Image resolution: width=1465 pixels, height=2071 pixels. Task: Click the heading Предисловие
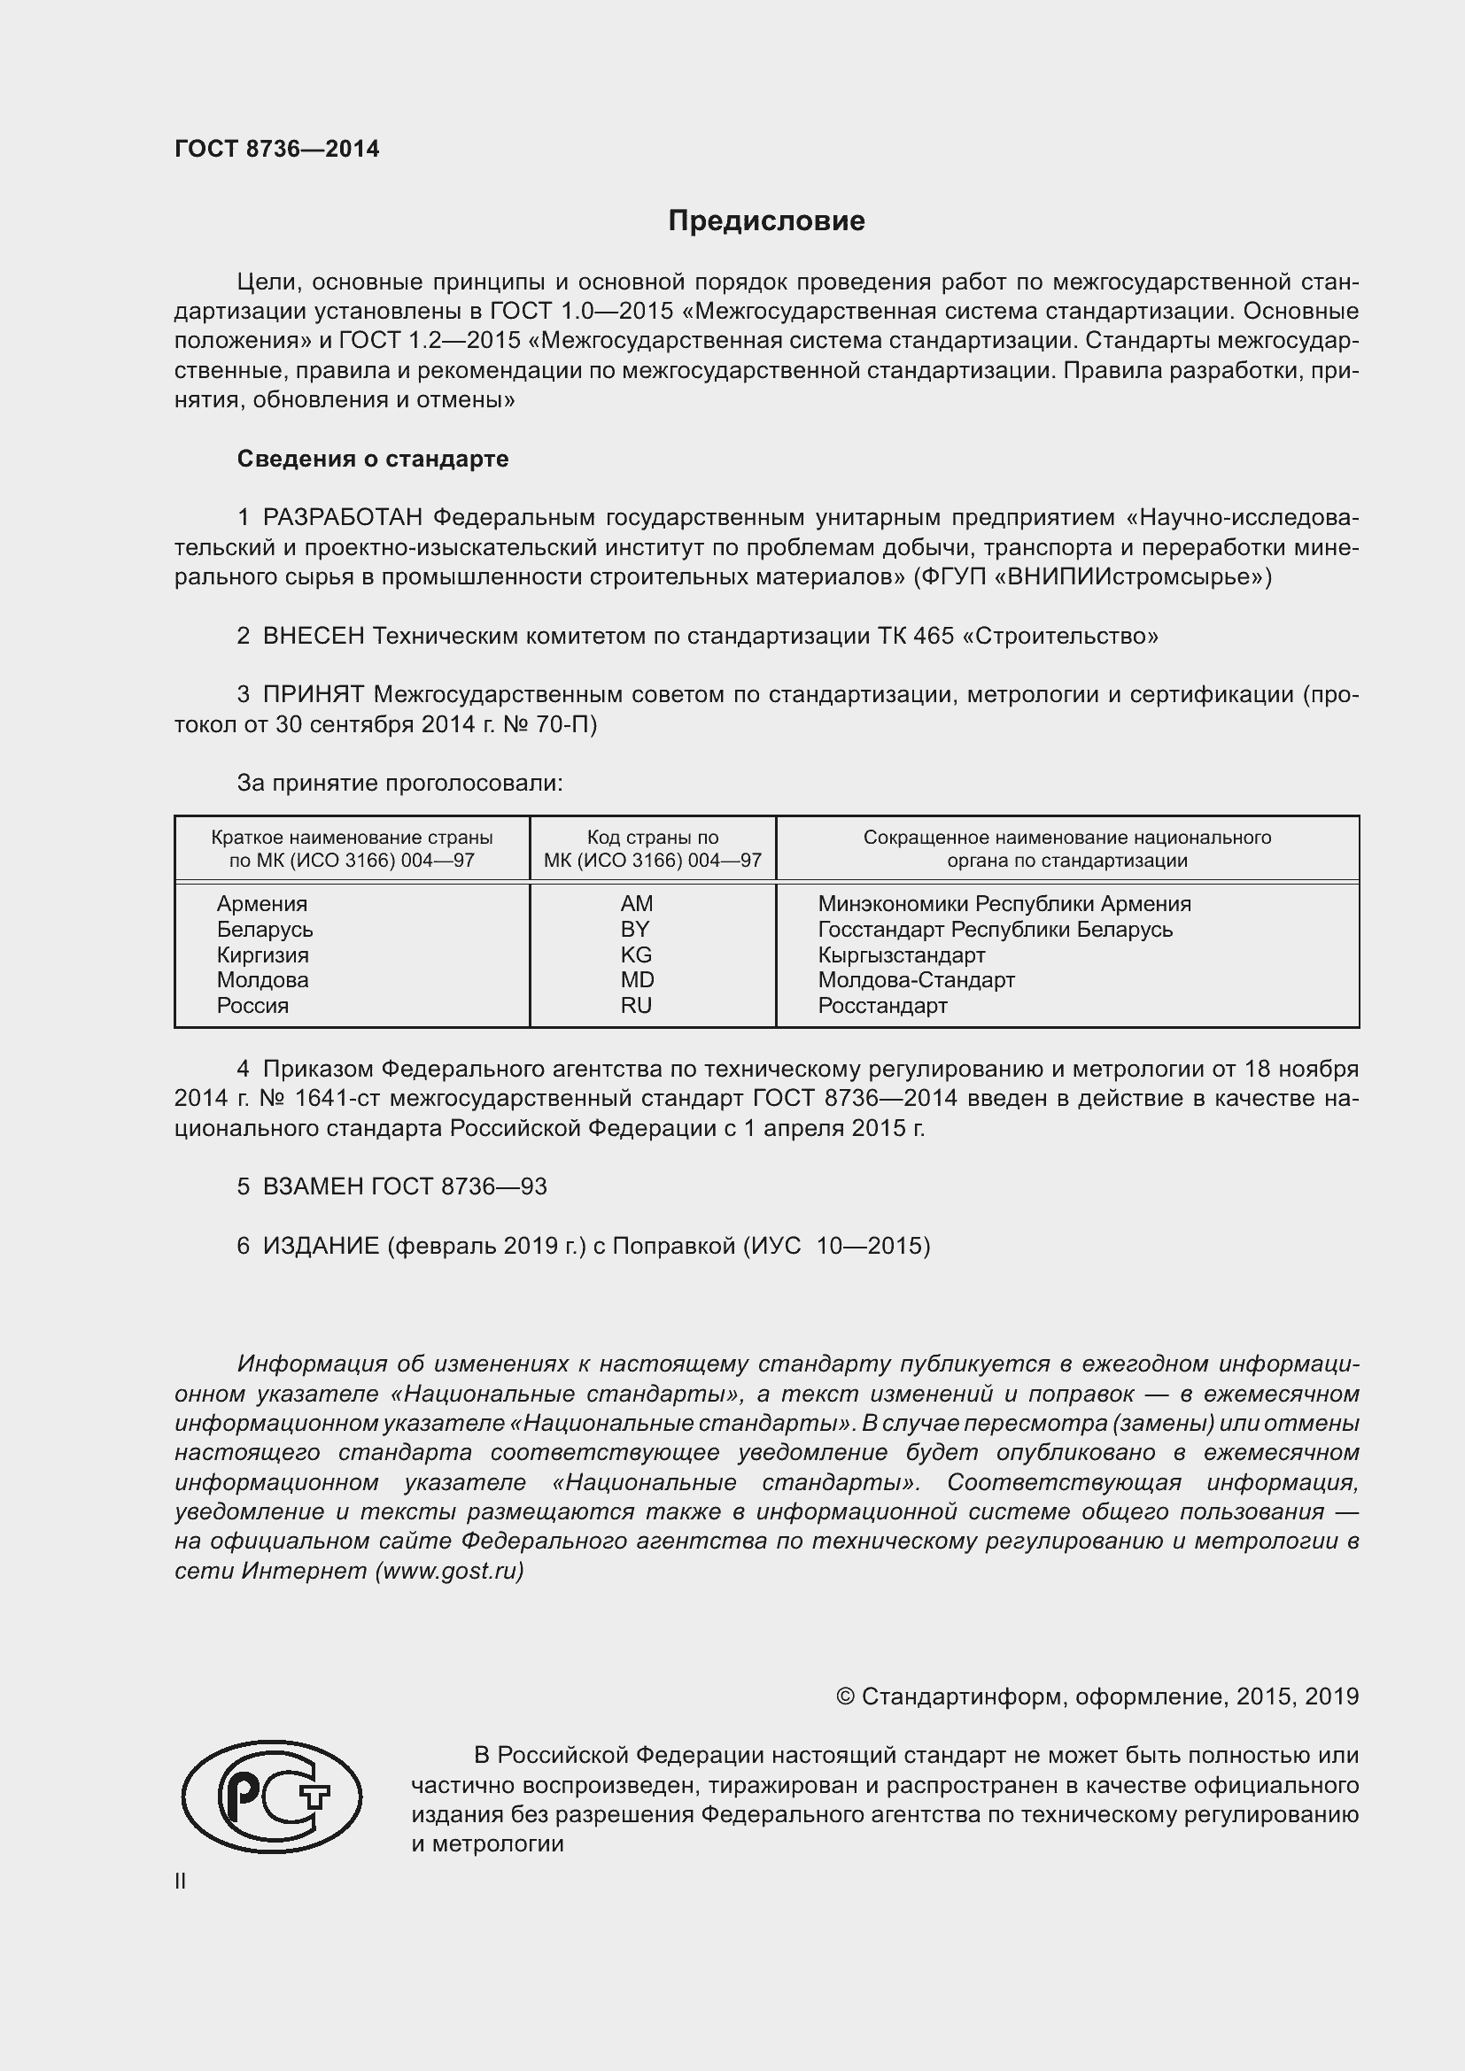click(x=766, y=221)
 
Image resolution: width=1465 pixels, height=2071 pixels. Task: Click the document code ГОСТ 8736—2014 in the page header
click(x=277, y=150)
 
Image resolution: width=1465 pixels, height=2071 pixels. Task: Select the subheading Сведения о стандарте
click(x=373, y=460)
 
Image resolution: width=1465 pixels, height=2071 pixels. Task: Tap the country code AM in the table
click(x=636, y=904)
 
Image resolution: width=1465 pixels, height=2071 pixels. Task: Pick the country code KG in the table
click(x=636, y=954)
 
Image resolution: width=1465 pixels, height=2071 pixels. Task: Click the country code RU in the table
click(x=636, y=1006)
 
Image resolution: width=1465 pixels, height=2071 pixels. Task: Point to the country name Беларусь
click(x=264, y=929)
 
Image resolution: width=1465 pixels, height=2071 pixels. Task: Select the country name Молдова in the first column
click(x=262, y=979)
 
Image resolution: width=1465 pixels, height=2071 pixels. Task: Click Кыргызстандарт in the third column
click(x=901, y=954)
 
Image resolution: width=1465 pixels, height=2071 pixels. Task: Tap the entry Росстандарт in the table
click(x=882, y=1006)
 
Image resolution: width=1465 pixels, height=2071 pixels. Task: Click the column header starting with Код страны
click(x=652, y=849)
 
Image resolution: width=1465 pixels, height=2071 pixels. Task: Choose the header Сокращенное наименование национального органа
click(x=1067, y=849)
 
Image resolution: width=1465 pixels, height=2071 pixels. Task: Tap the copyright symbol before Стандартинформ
click(x=845, y=1696)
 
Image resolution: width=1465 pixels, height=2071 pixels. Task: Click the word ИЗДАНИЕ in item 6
click(x=322, y=1246)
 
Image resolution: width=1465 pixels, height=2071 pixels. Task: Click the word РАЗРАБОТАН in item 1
click(x=343, y=518)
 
